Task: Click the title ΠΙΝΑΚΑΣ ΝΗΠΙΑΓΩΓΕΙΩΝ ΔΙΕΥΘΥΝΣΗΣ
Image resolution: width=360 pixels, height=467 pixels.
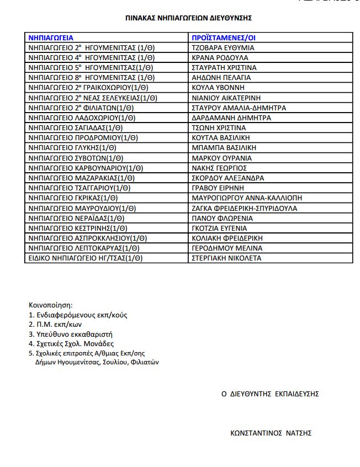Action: (189, 18)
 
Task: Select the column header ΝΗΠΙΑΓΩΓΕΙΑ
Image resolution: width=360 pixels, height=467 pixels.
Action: (51, 38)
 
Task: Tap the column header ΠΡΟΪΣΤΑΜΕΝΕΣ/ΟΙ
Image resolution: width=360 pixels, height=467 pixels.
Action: (224, 38)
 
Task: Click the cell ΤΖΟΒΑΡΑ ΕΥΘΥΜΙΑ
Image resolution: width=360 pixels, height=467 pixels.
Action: (219, 48)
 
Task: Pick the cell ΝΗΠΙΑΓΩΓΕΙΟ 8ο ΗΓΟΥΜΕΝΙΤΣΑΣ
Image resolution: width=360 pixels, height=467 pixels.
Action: (91, 78)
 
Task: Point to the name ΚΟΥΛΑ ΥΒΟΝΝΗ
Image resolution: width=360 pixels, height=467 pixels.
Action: (218, 88)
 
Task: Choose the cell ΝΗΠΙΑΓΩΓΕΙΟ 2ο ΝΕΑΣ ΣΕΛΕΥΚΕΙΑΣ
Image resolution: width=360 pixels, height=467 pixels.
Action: (92, 98)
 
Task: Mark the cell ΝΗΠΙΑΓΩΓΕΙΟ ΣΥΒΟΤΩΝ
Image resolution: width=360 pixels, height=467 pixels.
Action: (77, 158)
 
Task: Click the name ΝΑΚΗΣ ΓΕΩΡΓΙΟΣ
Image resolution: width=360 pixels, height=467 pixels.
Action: (219, 168)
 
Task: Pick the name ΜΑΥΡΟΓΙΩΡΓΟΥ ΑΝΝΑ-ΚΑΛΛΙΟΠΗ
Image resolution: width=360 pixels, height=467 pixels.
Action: (247, 198)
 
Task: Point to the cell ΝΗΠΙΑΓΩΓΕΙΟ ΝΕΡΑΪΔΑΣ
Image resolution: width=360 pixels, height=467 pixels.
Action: (76, 218)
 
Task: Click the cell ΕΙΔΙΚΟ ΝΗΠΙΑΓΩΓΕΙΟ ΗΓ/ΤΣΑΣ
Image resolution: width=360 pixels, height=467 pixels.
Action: (85, 258)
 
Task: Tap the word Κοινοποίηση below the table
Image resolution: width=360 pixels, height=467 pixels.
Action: (50, 305)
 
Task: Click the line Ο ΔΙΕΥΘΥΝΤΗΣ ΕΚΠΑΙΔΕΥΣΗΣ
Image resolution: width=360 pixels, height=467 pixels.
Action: (269, 394)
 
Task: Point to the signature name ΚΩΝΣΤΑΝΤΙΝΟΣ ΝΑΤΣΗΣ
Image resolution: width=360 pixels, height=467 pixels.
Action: (271, 433)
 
